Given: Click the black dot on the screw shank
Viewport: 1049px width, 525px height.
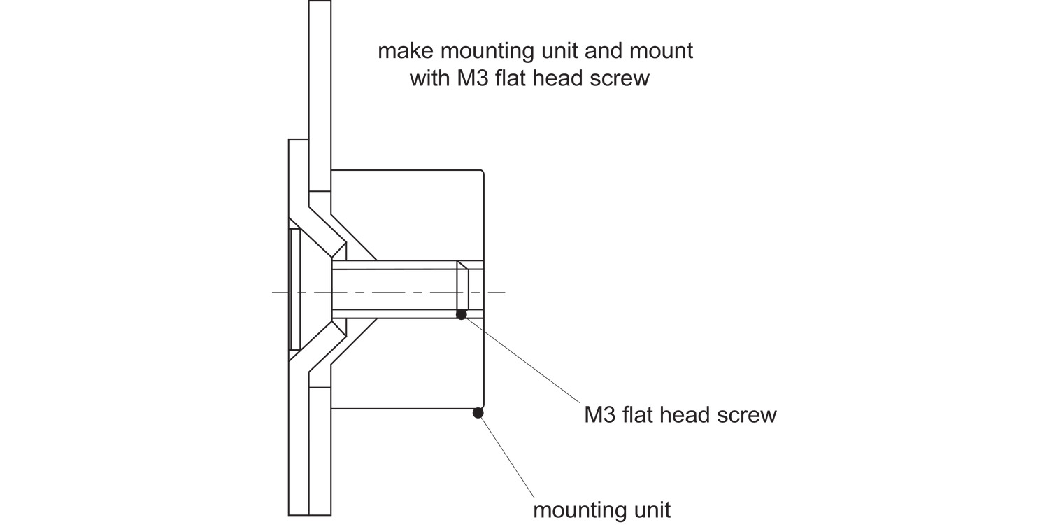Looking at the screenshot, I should coord(462,315).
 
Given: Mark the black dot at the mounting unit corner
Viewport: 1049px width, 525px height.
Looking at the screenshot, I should coord(478,413).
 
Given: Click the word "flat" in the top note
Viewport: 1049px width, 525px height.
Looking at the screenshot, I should coord(511,78).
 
